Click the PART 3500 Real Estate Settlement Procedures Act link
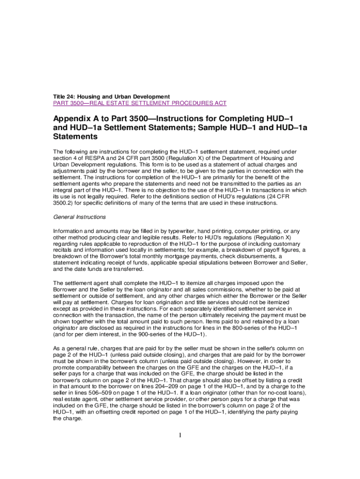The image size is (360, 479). click(140, 103)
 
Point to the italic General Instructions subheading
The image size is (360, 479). click(79, 217)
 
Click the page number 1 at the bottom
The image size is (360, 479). click(180, 436)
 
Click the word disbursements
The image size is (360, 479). click(250, 257)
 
